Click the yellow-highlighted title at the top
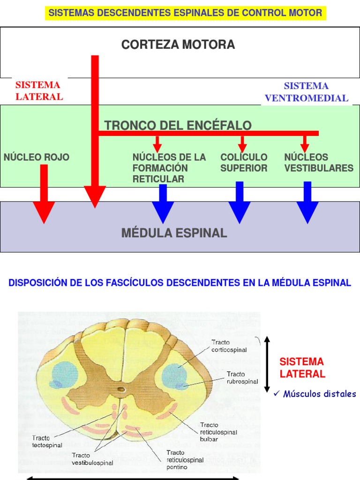(186, 13)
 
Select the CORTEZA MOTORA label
(178, 45)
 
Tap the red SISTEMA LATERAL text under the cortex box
(39, 91)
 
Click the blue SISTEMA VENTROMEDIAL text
(307, 92)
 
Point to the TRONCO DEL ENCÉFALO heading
(178, 126)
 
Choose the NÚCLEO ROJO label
(37, 157)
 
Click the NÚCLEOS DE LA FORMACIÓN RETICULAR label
(169, 168)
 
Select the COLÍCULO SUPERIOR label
(244, 163)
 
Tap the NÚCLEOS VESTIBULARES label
(319, 163)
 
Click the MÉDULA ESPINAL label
(174, 233)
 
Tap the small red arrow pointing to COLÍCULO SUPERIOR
(242, 143)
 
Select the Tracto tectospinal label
(47, 442)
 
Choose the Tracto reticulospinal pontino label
(185, 460)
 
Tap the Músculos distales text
(319, 394)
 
